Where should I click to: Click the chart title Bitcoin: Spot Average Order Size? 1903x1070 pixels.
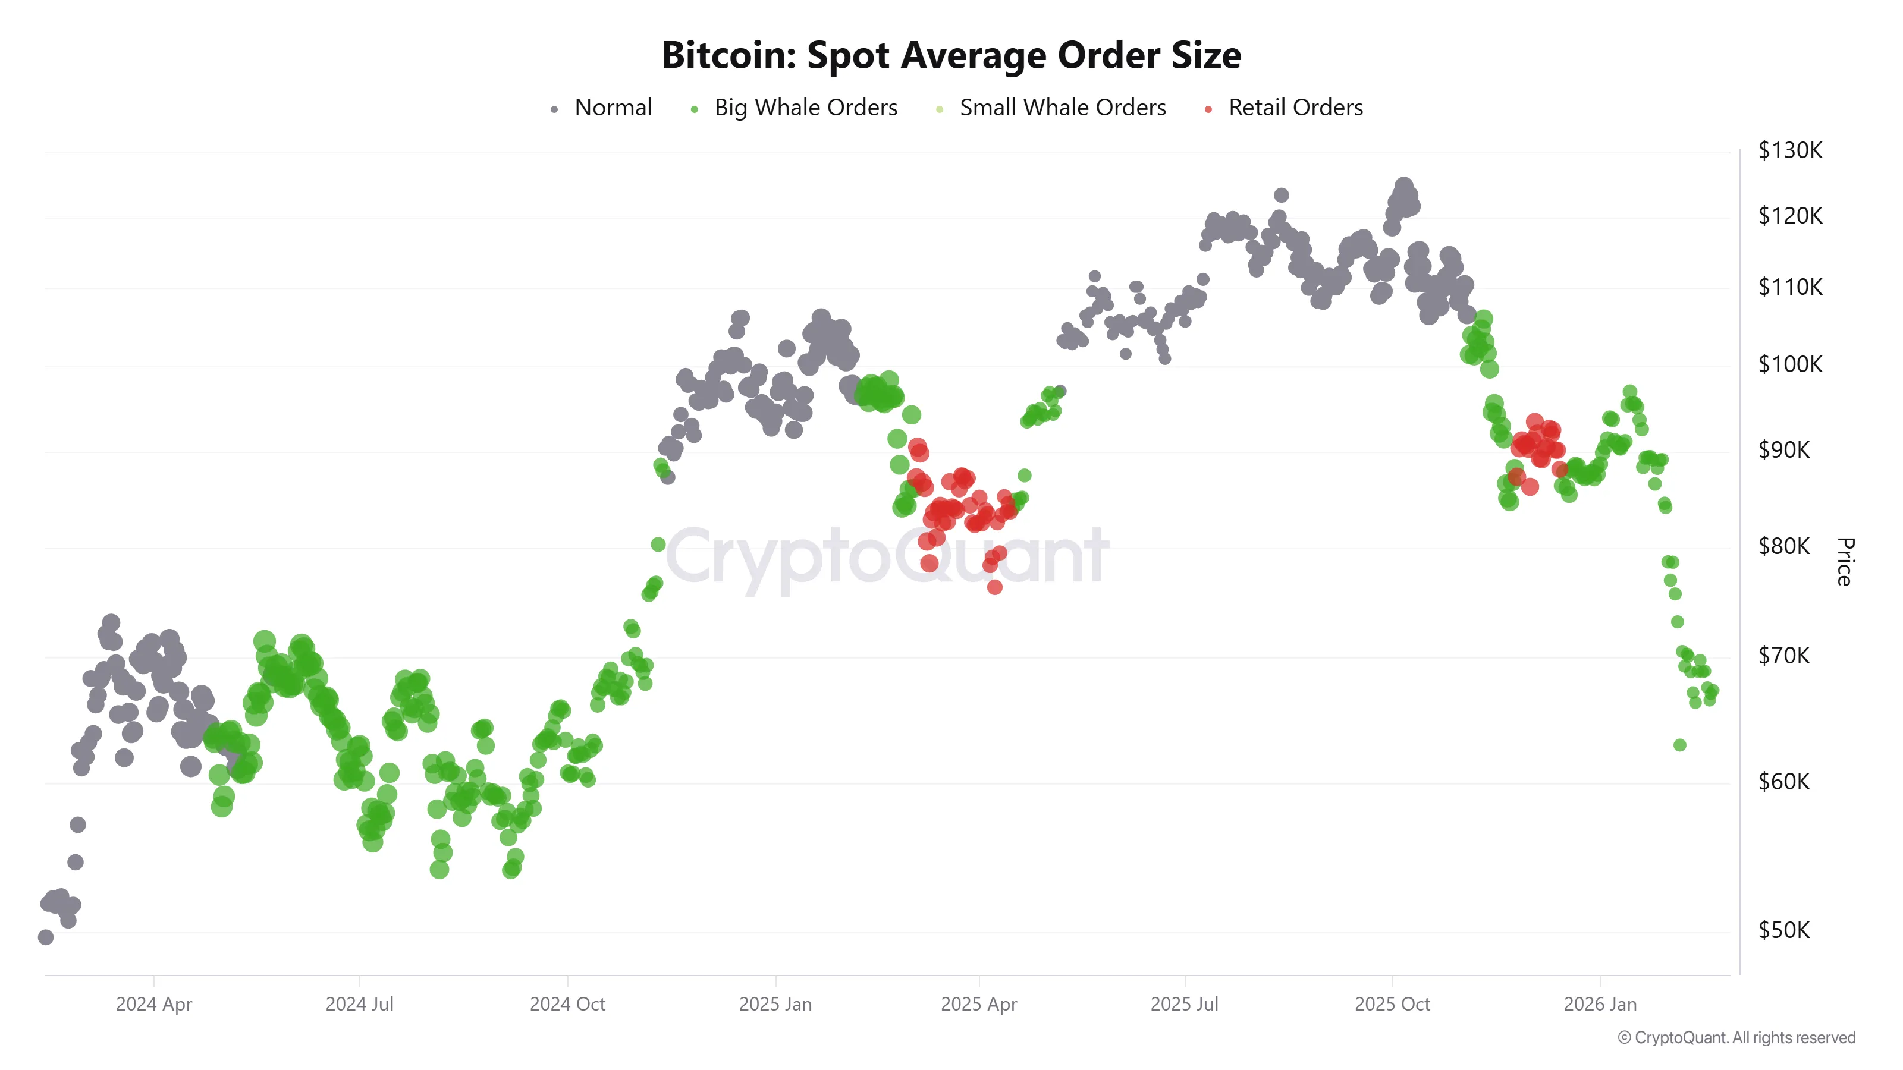[x=951, y=55]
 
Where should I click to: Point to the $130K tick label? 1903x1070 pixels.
[x=1789, y=150]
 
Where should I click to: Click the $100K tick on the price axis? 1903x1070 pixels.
[x=1789, y=364]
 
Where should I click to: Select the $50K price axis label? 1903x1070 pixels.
[x=1783, y=930]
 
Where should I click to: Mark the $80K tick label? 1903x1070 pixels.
[x=1783, y=546]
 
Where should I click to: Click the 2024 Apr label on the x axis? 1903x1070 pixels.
[x=153, y=1004]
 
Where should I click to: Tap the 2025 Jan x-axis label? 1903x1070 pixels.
[x=775, y=1004]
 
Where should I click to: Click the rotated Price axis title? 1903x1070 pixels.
[x=1844, y=561]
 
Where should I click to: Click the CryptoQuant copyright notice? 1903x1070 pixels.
[x=1736, y=1037]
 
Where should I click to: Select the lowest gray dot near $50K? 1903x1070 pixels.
[x=46, y=937]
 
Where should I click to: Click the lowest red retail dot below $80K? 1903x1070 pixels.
[x=994, y=587]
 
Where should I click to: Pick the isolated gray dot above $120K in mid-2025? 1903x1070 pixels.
[x=1281, y=195]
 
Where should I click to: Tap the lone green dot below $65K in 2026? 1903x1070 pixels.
[x=1679, y=745]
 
